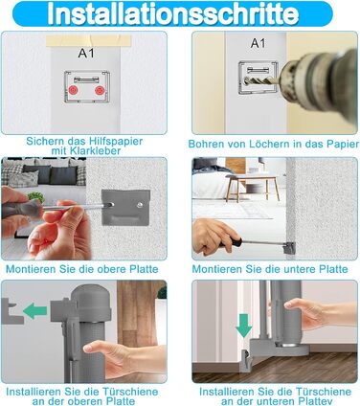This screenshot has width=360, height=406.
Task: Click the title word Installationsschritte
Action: click(172, 14)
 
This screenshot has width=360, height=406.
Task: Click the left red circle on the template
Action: click(74, 90)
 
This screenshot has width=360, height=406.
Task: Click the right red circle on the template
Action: click(100, 90)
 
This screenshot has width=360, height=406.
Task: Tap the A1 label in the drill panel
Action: click(259, 43)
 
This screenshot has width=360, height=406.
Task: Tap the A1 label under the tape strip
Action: click(86, 53)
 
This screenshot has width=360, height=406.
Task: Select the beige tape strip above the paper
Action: click(88, 40)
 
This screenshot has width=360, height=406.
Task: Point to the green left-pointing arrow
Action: click(34, 311)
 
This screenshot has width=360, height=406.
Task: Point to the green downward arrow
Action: click(244, 327)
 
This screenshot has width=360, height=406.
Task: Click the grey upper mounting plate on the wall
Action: click(125, 208)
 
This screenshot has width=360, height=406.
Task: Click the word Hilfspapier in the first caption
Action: click(116, 142)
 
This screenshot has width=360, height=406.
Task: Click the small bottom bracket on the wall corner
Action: click(289, 248)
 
